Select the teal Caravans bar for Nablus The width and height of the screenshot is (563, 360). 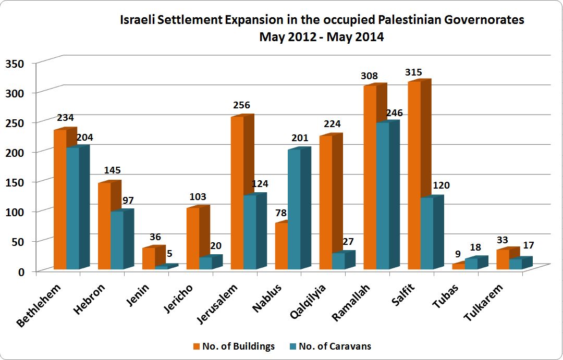coord(294,209)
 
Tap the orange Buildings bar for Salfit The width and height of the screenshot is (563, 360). coord(414,175)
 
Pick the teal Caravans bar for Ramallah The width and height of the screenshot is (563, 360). coord(383,196)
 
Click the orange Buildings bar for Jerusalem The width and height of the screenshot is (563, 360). coord(237,193)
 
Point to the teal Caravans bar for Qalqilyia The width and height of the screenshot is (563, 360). coord(338,261)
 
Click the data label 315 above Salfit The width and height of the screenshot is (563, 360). coord(413,72)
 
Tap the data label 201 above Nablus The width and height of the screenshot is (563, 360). coord(300,139)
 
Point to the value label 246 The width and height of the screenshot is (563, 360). coord(394,113)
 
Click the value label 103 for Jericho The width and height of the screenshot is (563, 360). coord(198,197)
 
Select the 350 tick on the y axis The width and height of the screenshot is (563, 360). coord(15,64)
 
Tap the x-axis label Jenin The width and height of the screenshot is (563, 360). coord(138,299)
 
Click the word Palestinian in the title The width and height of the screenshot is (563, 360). coord(402,20)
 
